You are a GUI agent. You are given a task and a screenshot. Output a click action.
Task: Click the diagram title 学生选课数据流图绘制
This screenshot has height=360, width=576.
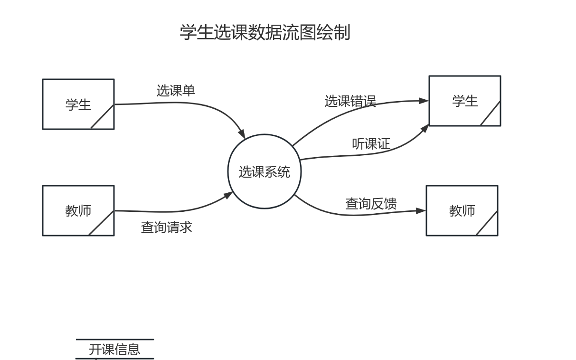click(265, 32)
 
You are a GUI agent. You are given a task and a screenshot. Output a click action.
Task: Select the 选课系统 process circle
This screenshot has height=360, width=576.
click(264, 171)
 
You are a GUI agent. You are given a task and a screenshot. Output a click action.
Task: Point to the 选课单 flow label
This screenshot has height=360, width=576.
click(176, 90)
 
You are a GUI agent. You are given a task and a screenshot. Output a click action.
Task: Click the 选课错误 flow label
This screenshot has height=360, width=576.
click(350, 101)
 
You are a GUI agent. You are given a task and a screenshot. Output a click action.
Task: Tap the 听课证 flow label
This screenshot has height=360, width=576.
click(371, 143)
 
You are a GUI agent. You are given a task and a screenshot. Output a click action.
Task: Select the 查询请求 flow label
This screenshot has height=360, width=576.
click(166, 227)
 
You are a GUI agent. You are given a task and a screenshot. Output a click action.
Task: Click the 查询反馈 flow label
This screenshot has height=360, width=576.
click(370, 204)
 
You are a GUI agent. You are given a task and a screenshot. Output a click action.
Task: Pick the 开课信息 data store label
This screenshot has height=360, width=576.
click(114, 350)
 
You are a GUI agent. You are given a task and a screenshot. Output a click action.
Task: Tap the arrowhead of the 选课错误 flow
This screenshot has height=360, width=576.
click(424, 101)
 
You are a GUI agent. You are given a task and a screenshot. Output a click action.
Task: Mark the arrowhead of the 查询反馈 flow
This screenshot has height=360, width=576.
click(421, 211)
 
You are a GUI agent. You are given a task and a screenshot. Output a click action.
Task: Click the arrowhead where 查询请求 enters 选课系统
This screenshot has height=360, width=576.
click(228, 195)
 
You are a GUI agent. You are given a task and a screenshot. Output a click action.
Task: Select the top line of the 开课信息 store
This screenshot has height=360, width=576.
click(115, 340)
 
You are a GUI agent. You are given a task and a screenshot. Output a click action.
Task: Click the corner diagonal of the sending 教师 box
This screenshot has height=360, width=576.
click(102, 223)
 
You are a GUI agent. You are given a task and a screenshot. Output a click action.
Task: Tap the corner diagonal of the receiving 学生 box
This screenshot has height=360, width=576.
click(491, 114)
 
